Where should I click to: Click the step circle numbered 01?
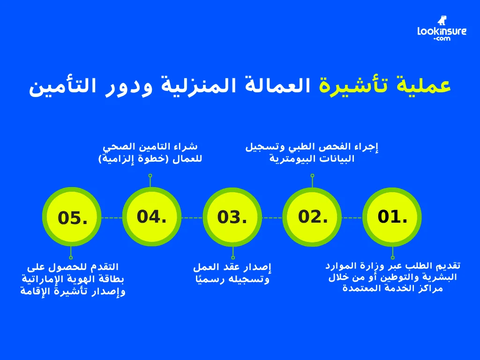(x=392, y=217)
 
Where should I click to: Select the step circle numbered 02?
(x=312, y=217)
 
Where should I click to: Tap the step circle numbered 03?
(x=232, y=217)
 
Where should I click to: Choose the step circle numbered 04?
(x=152, y=217)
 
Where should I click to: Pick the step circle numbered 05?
(x=72, y=217)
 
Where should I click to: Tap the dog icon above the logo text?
(x=442, y=20)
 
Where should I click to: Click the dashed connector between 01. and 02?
(x=352, y=217)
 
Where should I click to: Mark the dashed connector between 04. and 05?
(x=112, y=217)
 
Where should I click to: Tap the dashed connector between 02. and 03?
(x=272, y=217)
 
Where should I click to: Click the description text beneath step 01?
(x=392, y=277)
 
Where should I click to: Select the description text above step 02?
(x=312, y=153)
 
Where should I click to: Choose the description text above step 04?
(x=150, y=153)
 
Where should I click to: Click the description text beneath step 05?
(x=73, y=279)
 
